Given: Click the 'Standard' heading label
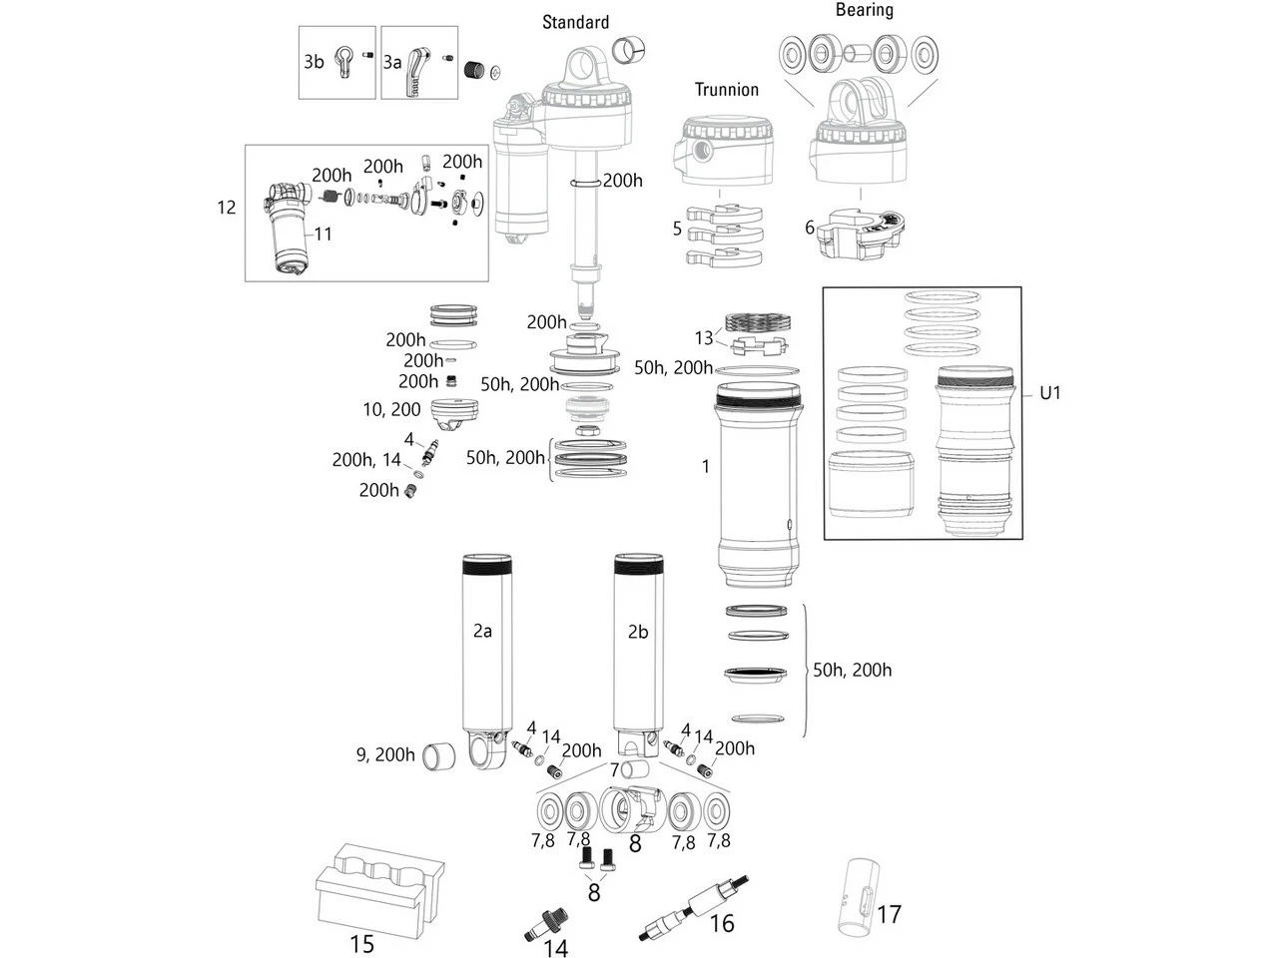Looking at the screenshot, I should coord(575,22).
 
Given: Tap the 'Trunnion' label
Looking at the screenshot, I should coord(727,90).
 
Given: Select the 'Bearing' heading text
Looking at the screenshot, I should coord(864,10).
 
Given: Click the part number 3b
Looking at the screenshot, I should coord(314,62).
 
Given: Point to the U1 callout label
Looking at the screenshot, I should coord(1049,393).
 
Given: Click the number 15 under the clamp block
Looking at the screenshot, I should coord(361,943).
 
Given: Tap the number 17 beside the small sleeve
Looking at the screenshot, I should coord(889,914).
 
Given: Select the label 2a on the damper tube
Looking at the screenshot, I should coord(482,631).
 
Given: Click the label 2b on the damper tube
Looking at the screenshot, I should coord(638,632).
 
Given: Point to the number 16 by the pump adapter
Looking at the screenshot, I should coord(722,924).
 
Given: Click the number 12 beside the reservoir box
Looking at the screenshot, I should coord(227,207).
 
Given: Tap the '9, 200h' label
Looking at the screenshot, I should coord(385,754).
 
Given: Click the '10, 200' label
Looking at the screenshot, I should coord(391,409).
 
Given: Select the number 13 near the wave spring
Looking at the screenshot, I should coord(705,337).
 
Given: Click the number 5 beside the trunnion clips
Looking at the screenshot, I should coord(677,229).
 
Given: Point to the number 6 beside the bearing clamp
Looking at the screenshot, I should coord(810,228).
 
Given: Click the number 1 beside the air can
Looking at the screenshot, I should coord(705,466).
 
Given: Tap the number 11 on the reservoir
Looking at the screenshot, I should coord(322,234).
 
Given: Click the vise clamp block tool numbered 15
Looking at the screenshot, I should coord(379,888).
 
